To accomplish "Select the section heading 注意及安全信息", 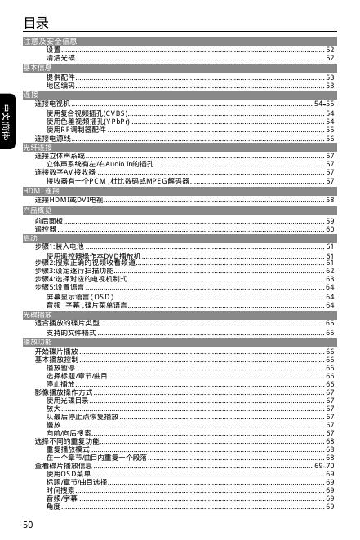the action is click(51, 41).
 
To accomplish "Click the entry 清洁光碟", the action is click(60, 58).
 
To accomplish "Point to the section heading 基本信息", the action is click(38, 67).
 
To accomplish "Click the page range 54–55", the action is click(324, 104).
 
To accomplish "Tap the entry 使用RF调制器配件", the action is click(77, 129).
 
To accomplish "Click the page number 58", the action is click(329, 199).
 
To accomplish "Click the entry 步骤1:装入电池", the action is click(59, 246).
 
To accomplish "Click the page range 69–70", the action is click(324, 465).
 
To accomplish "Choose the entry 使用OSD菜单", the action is click(69, 473).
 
